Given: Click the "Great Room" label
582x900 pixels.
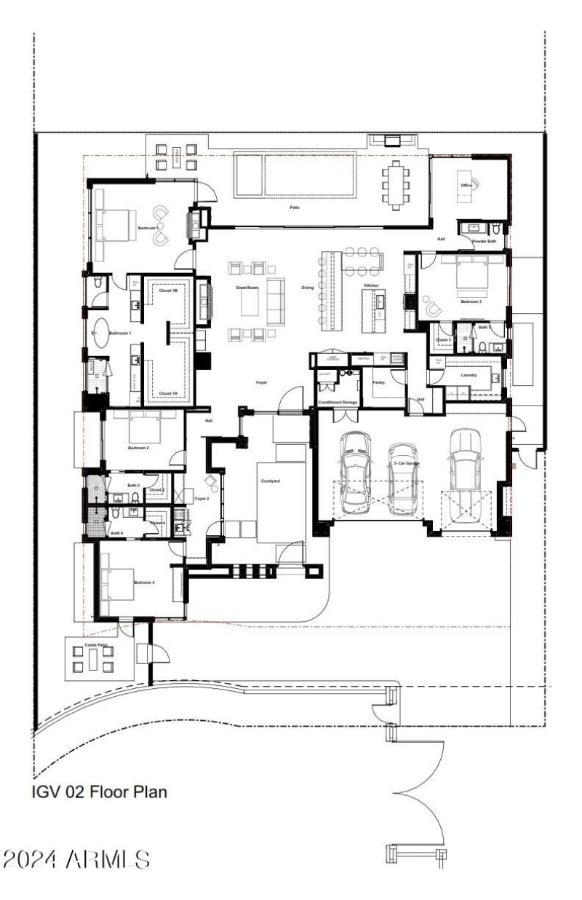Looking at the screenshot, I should coord(247,288).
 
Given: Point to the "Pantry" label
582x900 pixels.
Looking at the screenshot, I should coord(378,381).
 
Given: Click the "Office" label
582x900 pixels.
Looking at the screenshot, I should coord(466,186).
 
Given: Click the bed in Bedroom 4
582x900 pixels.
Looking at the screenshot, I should coord(116,583).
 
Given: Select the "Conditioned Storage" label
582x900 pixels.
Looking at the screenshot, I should coord(338,402).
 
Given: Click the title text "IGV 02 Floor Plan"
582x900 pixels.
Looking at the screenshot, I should coord(100,791).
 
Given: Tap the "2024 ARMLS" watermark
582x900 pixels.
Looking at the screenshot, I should coord(76,858).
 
